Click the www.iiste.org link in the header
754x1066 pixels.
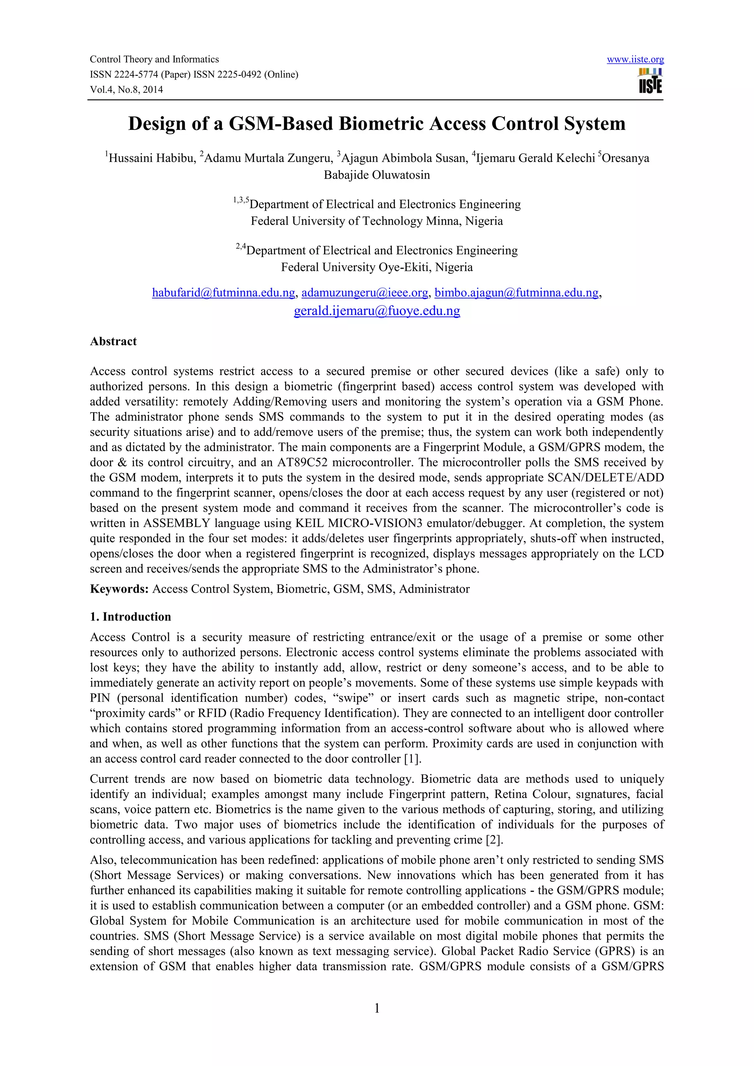click(635, 59)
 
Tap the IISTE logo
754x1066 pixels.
click(651, 82)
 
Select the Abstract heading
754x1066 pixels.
click(113, 341)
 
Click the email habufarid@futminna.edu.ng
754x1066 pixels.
click(223, 293)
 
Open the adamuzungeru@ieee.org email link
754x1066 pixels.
click(364, 293)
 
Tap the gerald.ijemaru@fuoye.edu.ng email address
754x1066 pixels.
click(377, 311)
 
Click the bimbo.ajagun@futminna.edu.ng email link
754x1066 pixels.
click(516, 293)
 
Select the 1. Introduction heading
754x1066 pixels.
click(130, 617)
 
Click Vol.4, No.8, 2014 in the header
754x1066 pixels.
click(126, 89)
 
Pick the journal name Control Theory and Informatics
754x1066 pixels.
click(154, 59)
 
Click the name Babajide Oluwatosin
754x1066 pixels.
click(377, 175)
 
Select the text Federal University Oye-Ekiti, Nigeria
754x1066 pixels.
click(377, 268)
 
